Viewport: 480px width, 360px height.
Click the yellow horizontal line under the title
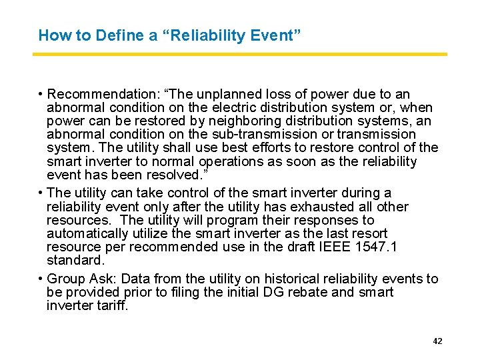240,54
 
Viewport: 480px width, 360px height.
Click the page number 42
437,341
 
